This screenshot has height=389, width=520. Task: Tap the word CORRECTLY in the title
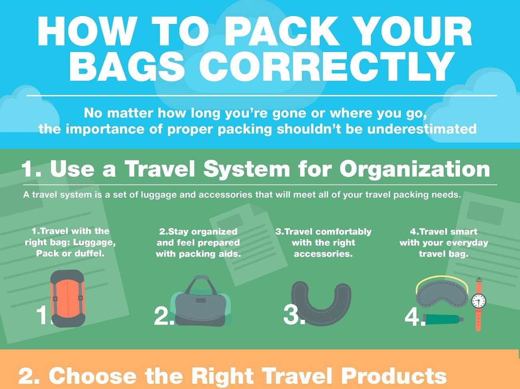[x=326, y=67]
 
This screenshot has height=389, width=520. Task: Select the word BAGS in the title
[x=127, y=67]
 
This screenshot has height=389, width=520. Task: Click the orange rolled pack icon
[x=68, y=299]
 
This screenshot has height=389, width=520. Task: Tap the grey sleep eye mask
[x=442, y=294]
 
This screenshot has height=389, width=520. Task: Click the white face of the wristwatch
[x=479, y=301]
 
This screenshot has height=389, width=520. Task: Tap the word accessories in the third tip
[x=323, y=254]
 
